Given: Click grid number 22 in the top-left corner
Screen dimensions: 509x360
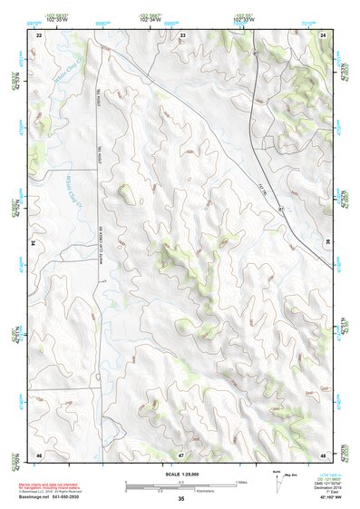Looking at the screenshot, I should (39, 34).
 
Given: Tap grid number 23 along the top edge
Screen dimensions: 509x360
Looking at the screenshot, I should (182, 34).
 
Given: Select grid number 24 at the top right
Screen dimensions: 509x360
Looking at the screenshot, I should (324, 34).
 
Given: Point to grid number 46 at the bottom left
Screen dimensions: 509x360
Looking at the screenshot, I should (39, 453).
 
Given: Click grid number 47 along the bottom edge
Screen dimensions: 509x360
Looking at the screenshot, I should (181, 453).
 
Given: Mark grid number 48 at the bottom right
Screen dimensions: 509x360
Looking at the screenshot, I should (324, 453).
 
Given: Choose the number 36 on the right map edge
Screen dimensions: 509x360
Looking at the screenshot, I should (327, 243).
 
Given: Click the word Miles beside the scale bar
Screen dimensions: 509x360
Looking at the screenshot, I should (240, 482).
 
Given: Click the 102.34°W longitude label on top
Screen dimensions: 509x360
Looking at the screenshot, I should (150, 18).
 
